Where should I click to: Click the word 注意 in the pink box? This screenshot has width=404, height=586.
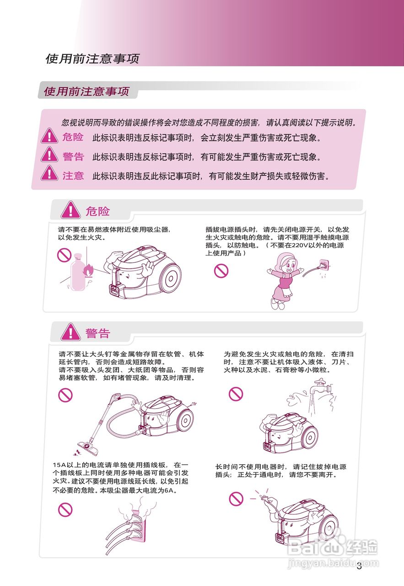pyautogui.click(x=73, y=175)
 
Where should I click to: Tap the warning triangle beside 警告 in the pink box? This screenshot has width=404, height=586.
pyautogui.click(x=49, y=156)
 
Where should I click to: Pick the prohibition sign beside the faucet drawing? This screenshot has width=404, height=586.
pyautogui.click(x=236, y=393)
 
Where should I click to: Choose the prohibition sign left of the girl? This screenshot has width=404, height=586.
pyautogui.click(x=221, y=271)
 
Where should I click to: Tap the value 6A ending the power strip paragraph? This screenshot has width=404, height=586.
pyautogui.click(x=171, y=490)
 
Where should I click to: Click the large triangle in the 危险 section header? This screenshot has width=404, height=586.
pyautogui.click(x=71, y=211)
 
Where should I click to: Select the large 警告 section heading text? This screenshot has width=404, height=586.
pyautogui.click(x=97, y=333)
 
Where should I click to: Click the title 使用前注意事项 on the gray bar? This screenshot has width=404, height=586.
pyautogui.click(x=86, y=91)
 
